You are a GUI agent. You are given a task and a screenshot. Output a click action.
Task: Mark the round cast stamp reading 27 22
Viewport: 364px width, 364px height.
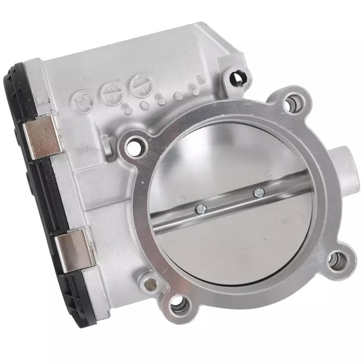click(x=138, y=83)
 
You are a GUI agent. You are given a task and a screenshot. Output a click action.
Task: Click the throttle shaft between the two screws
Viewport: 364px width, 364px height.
click(x=230, y=200)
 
